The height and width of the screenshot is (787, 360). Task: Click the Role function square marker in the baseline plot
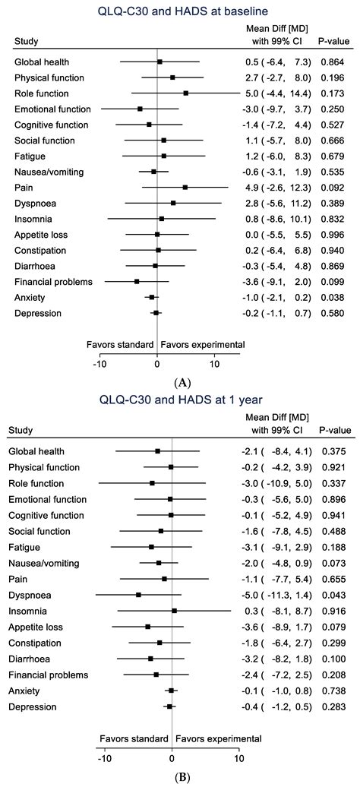click(185, 93)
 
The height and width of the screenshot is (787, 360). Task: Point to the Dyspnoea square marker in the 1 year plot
click(138, 595)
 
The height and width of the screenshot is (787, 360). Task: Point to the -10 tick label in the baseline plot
click(99, 362)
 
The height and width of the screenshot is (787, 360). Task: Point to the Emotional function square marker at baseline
click(140, 109)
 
